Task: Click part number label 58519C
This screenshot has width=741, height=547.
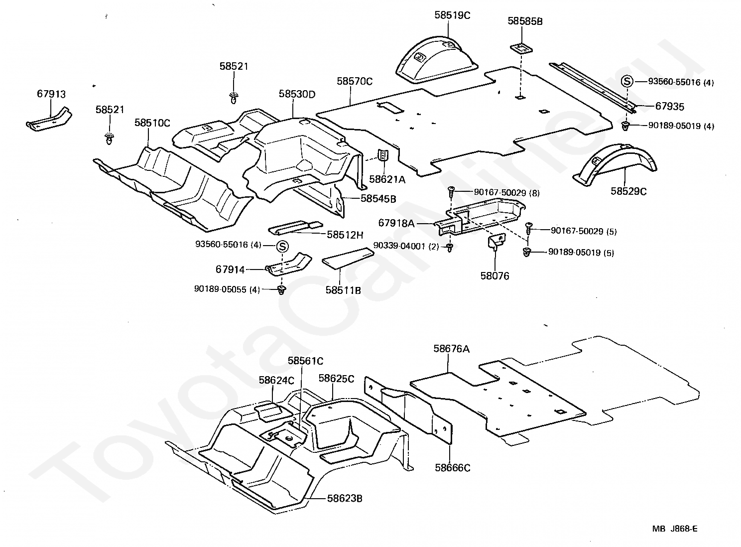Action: click(452, 15)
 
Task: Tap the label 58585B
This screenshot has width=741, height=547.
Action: click(525, 21)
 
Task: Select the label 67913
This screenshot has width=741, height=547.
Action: click(51, 94)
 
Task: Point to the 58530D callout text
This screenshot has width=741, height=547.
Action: click(297, 94)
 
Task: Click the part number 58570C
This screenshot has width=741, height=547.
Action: click(355, 81)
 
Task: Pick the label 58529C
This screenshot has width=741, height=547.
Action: click(628, 190)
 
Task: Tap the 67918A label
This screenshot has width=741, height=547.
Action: click(396, 223)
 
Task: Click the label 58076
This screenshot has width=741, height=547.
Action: click(494, 275)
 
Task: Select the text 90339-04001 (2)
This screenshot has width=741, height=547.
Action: click(406, 246)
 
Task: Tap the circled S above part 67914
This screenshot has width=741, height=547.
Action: click(282, 246)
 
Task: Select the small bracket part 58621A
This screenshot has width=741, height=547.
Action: click(383, 155)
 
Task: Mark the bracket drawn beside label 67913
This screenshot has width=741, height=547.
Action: click(48, 120)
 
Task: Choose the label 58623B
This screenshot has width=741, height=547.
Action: click(345, 498)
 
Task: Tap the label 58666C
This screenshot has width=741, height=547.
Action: click(452, 468)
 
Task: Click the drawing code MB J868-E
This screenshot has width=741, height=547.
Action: click(675, 529)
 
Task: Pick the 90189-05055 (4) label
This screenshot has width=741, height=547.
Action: click(227, 289)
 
